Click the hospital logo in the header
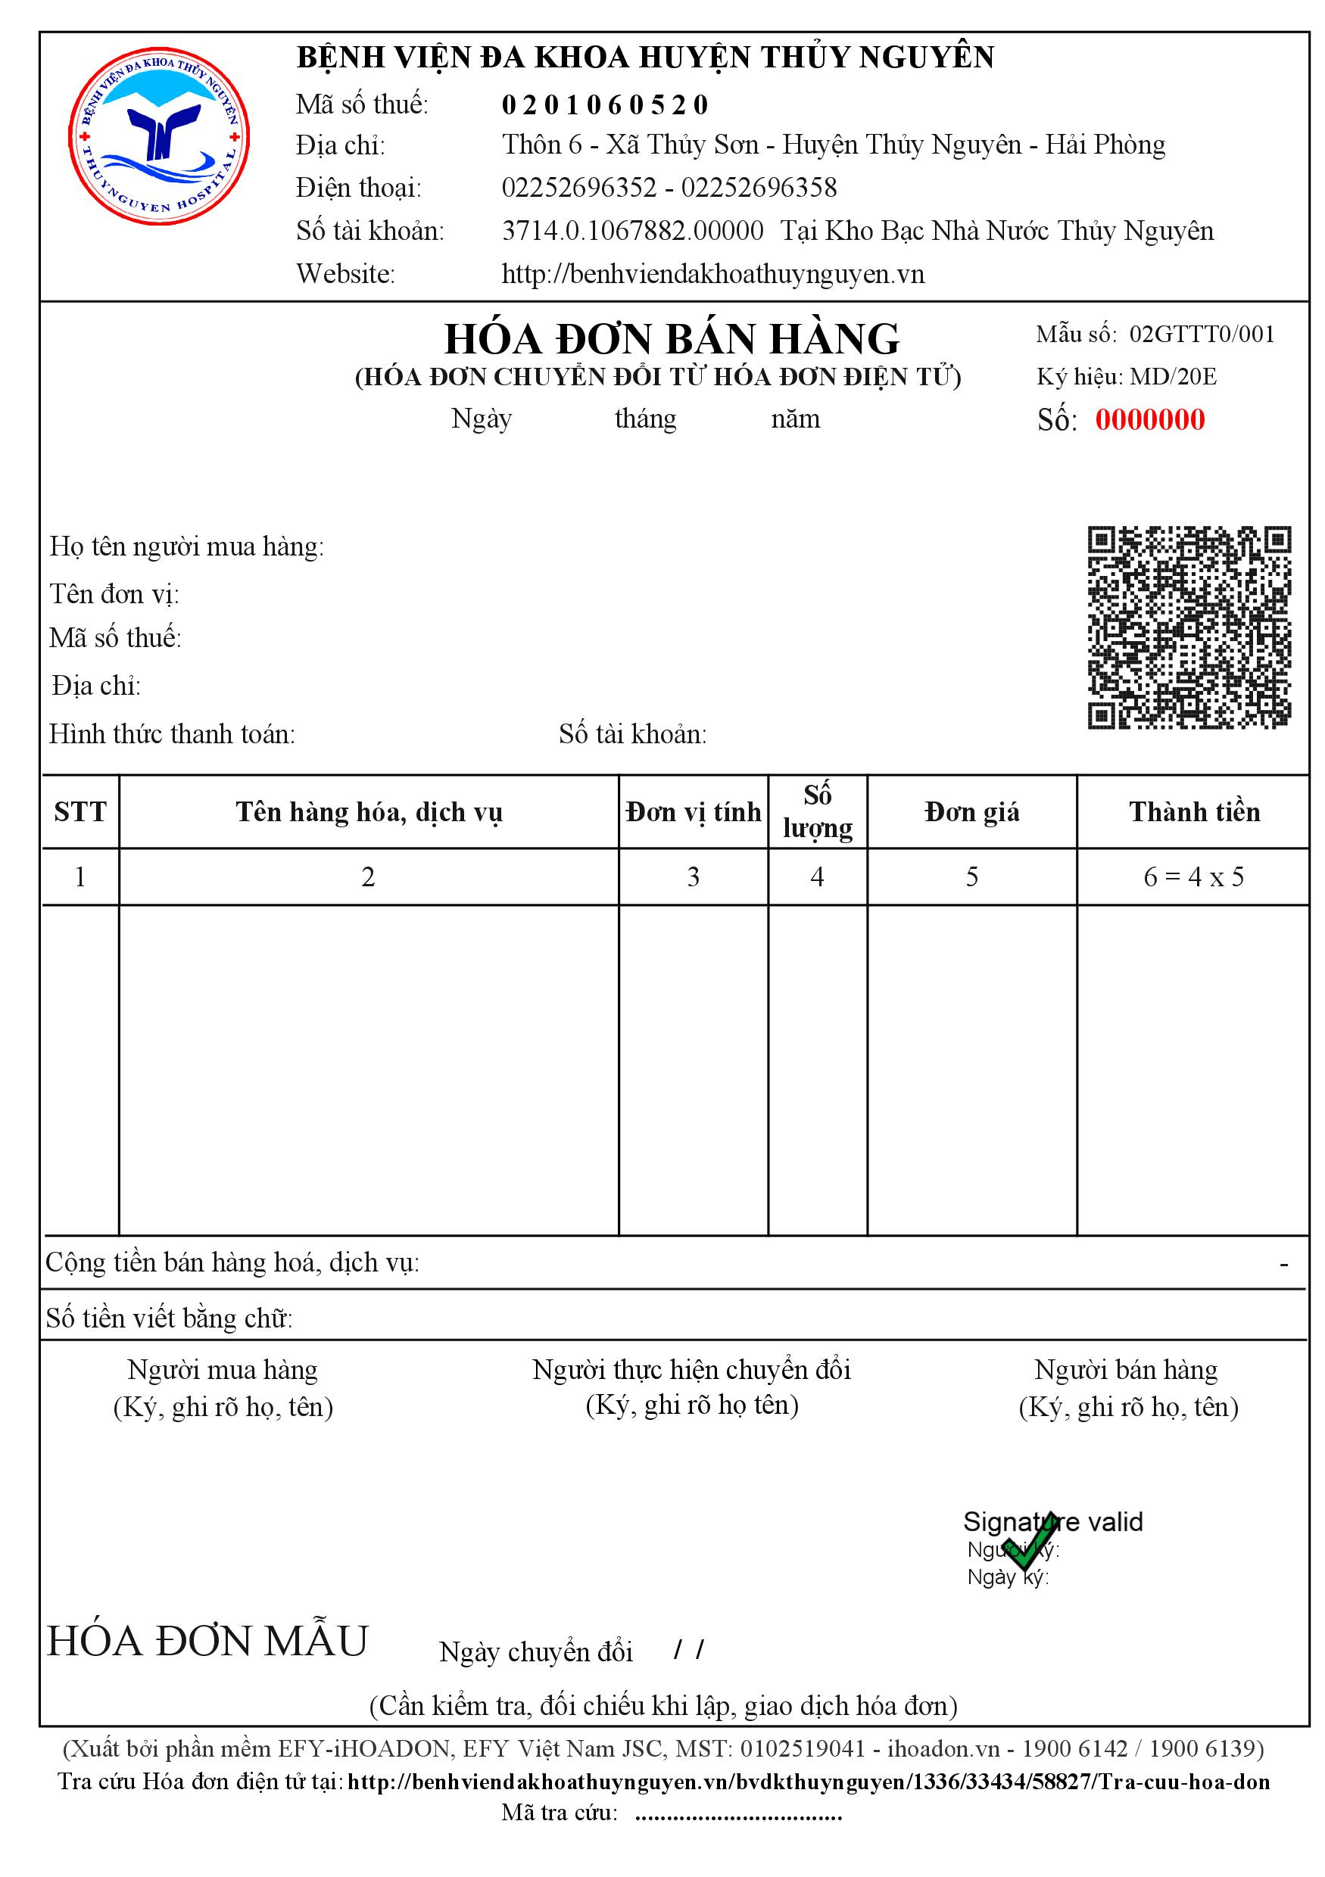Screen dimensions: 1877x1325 pos(159,135)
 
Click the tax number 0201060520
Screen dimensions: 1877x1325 pos(604,104)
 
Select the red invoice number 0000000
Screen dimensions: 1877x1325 pos(1149,419)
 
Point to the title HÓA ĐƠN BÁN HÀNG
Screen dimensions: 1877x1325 pos(672,338)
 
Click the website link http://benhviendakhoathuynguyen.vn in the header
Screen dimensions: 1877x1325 pos(712,274)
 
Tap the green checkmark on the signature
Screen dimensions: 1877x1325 pos(1030,1541)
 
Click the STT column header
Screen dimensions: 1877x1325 pos(80,812)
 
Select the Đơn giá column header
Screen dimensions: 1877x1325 pos(971,812)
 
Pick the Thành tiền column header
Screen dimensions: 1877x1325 pos(1193,812)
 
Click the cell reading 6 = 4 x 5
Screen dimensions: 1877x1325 pos(1193,877)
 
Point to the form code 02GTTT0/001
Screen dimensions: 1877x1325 pos(1202,334)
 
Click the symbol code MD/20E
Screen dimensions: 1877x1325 pos(1173,377)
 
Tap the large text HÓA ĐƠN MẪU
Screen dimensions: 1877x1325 pos(207,1641)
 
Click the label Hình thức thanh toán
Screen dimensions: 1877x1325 pos(172,734)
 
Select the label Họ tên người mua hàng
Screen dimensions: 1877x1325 pos(186,546)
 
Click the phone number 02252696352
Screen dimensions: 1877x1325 pos(579,188)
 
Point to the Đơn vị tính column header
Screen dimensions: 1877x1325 pos(693,812)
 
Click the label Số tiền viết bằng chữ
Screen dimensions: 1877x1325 pos(169,1317)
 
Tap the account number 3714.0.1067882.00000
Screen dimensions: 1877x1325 pos(632,232)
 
